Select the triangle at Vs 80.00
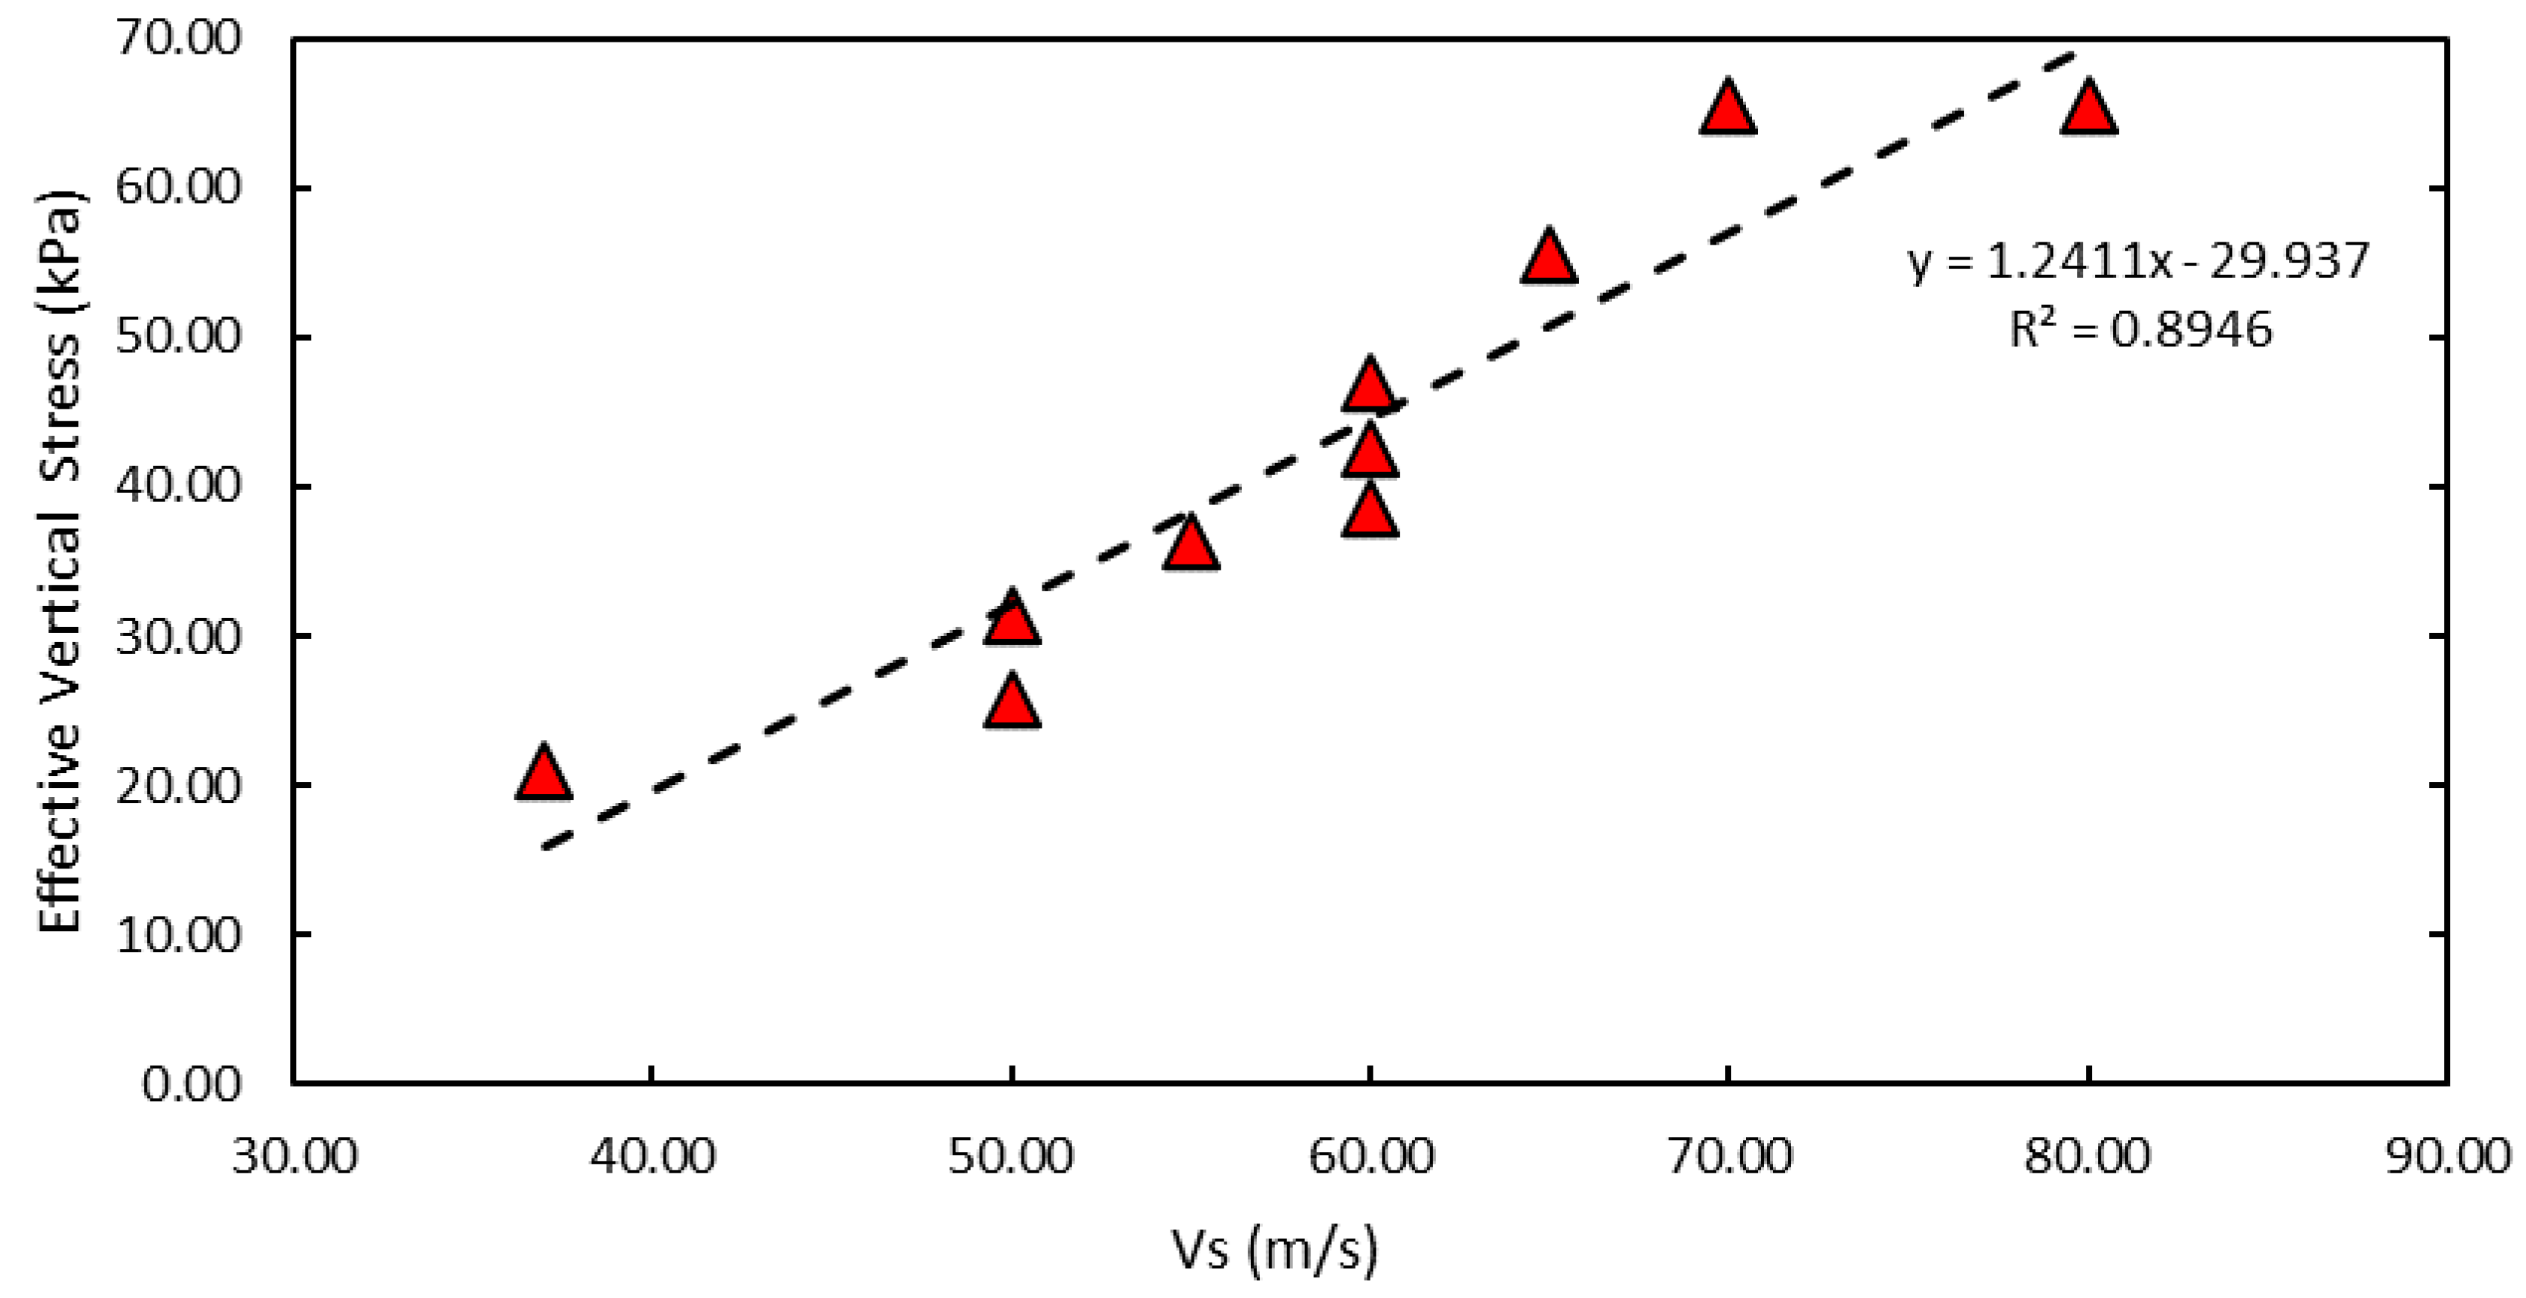2088,110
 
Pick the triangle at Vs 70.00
1727,110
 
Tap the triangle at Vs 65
1549,259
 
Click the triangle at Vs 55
1191,545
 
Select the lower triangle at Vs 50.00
1011,704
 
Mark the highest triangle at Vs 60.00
1370,386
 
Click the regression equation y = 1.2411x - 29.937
2138,262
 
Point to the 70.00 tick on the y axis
177,40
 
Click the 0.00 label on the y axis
191,1084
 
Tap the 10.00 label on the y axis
177,935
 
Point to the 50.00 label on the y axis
177,337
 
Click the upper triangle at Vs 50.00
1011,620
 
